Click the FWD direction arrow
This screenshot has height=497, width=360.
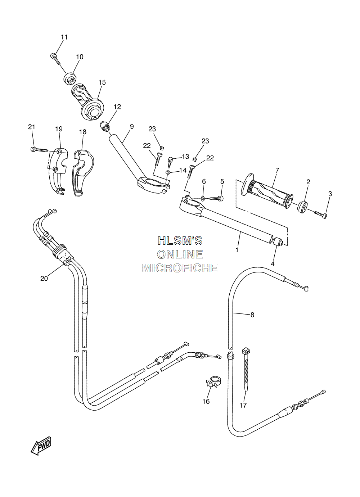click(41, 451)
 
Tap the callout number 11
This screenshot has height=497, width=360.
click(64, 37)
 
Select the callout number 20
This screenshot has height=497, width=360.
click(44, 278)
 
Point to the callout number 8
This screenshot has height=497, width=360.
click(252, 315)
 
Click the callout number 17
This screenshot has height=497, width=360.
click(243, 405)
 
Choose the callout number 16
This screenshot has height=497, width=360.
click(206, 401)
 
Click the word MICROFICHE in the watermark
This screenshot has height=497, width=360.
click(180, 268)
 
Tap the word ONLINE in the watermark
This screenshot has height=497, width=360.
click(180, 254)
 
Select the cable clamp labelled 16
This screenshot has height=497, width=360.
click(214, 381)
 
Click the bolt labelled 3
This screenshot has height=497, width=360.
click(321, 214)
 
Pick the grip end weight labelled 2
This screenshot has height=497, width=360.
click(302, 207)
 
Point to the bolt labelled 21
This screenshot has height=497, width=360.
click(39, 150)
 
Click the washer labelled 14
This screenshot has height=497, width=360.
click(168, 172)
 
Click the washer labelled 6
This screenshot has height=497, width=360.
click(203, 198)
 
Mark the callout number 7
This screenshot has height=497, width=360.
click(277, 170)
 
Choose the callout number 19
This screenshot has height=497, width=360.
click(59, 129)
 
